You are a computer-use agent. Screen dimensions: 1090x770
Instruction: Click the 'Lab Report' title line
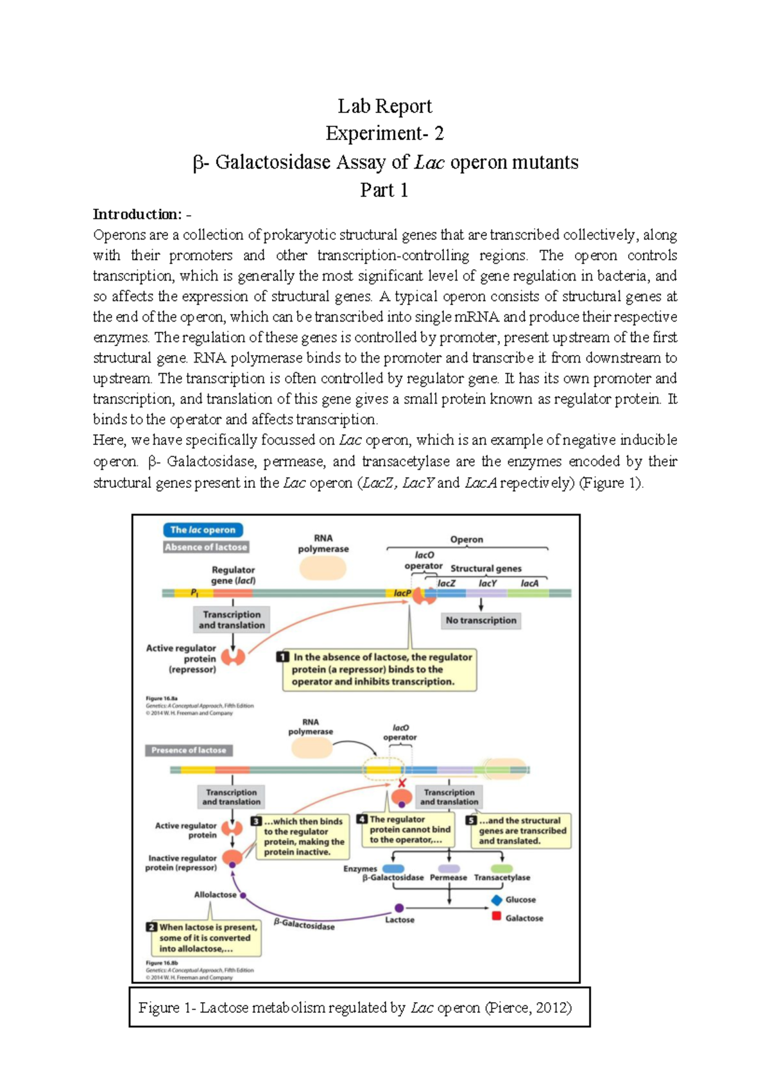pos(384,106)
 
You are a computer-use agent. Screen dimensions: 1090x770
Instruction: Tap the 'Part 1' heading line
pos(384,190)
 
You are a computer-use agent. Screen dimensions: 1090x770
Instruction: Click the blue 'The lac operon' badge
pos(203,530)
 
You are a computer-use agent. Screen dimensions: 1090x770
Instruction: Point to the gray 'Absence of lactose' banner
pos(205,547)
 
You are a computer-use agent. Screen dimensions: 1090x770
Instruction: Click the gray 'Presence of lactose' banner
pos(189,750)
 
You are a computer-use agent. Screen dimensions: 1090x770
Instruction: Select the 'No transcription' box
pos(481,620)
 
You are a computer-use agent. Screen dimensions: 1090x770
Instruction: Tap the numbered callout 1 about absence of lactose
pos(379,670)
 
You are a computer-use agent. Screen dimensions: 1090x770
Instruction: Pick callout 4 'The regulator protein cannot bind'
pos(407,829)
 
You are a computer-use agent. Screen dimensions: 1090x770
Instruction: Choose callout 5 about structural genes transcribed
pos(520,831)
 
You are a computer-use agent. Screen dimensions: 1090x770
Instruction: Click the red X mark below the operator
pos(402,783)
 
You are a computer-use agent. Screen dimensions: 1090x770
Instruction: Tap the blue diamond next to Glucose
pos(497,900)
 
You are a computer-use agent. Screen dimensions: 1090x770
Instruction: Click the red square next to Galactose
pos(496,916)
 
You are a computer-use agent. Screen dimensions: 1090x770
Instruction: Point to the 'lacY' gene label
pos(487,583)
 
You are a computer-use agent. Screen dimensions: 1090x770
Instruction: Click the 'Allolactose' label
pos(215,894)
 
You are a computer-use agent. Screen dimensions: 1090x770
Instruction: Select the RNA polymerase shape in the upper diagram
pos(323,568)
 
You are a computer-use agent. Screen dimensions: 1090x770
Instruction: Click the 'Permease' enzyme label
pos(448,878)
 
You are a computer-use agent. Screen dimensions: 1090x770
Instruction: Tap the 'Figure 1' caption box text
pos(355,1008)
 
